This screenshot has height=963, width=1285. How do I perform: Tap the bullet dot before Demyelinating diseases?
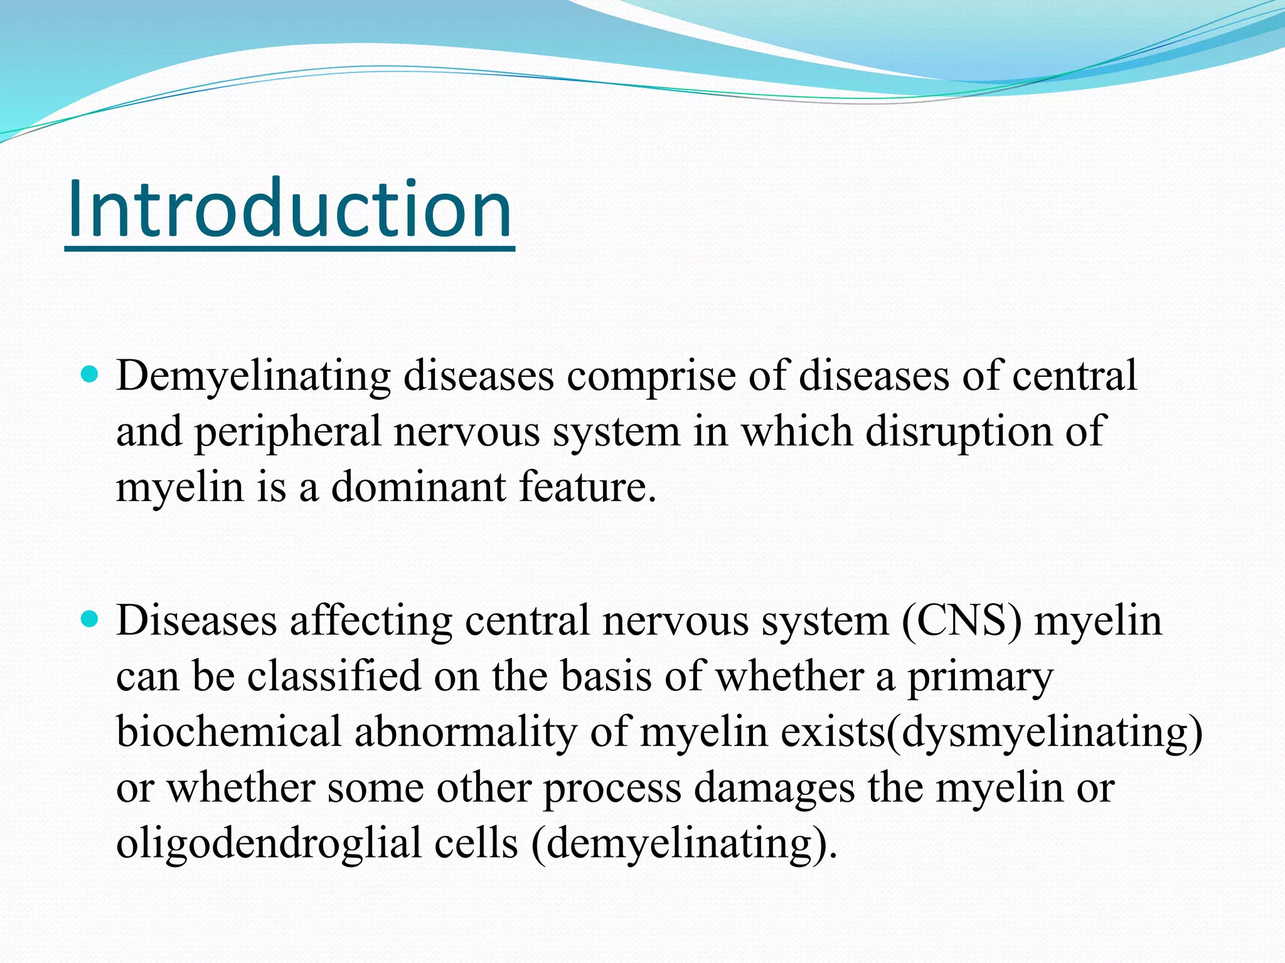91,376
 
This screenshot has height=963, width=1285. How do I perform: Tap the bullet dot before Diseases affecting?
91,620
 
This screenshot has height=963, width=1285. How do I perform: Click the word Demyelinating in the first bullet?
253,377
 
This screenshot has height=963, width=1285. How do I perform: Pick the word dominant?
418,487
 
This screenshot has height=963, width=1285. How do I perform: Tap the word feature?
587,487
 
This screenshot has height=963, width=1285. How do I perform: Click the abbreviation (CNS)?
962,621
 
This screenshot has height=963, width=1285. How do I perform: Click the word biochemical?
228,732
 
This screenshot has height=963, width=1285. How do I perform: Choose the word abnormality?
465,733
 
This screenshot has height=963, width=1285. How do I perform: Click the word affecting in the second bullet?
371,621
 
